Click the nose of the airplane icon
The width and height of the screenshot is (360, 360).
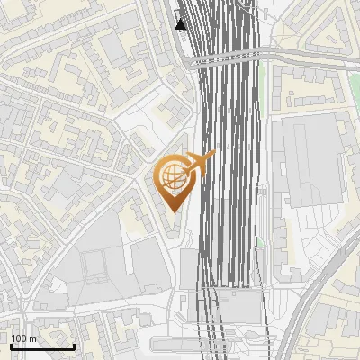(213, 155)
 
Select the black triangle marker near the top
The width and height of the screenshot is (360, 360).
(181, 23)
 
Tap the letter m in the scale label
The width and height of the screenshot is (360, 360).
(32, 338)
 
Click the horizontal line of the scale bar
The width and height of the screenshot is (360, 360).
(42, 347)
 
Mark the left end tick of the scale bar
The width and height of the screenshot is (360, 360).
(11, 346)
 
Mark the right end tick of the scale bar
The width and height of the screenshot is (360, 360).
(74, 346)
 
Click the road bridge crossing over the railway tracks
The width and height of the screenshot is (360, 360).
(225, 58)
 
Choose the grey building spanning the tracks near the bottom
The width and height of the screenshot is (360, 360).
(229, 303)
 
